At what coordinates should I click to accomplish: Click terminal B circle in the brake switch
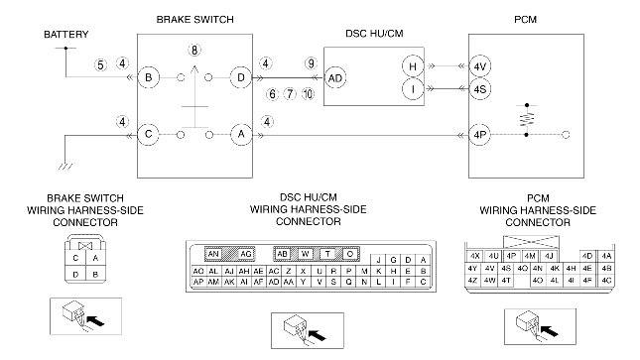point(148,77)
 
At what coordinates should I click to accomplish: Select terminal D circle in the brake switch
point(241,77)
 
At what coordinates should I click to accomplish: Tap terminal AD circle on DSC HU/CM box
point(335,78)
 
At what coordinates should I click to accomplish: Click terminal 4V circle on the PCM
point(479,66)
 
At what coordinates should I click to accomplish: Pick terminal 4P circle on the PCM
point(479,135)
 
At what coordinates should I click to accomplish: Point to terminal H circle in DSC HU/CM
point(413,66)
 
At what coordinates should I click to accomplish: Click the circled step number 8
point(194,51)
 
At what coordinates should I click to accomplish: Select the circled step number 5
point(100,64)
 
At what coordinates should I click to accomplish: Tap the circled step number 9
point(311,63)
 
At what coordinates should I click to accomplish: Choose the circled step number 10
point(309,94)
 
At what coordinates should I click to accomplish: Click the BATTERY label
point(66,35)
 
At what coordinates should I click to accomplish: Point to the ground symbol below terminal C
point(66,167)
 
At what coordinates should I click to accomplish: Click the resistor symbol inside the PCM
point(527,119)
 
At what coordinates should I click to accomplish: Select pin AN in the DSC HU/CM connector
point(213,254)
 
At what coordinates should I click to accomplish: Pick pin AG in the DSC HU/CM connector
point(246,254)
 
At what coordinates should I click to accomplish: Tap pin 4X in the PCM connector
point(474,256)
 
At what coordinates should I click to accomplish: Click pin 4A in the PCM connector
point(606,256)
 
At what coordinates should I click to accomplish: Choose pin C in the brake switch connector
point(75,258)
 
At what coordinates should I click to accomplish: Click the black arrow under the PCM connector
point(549,330)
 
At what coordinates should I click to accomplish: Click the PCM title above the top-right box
point(525,20)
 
